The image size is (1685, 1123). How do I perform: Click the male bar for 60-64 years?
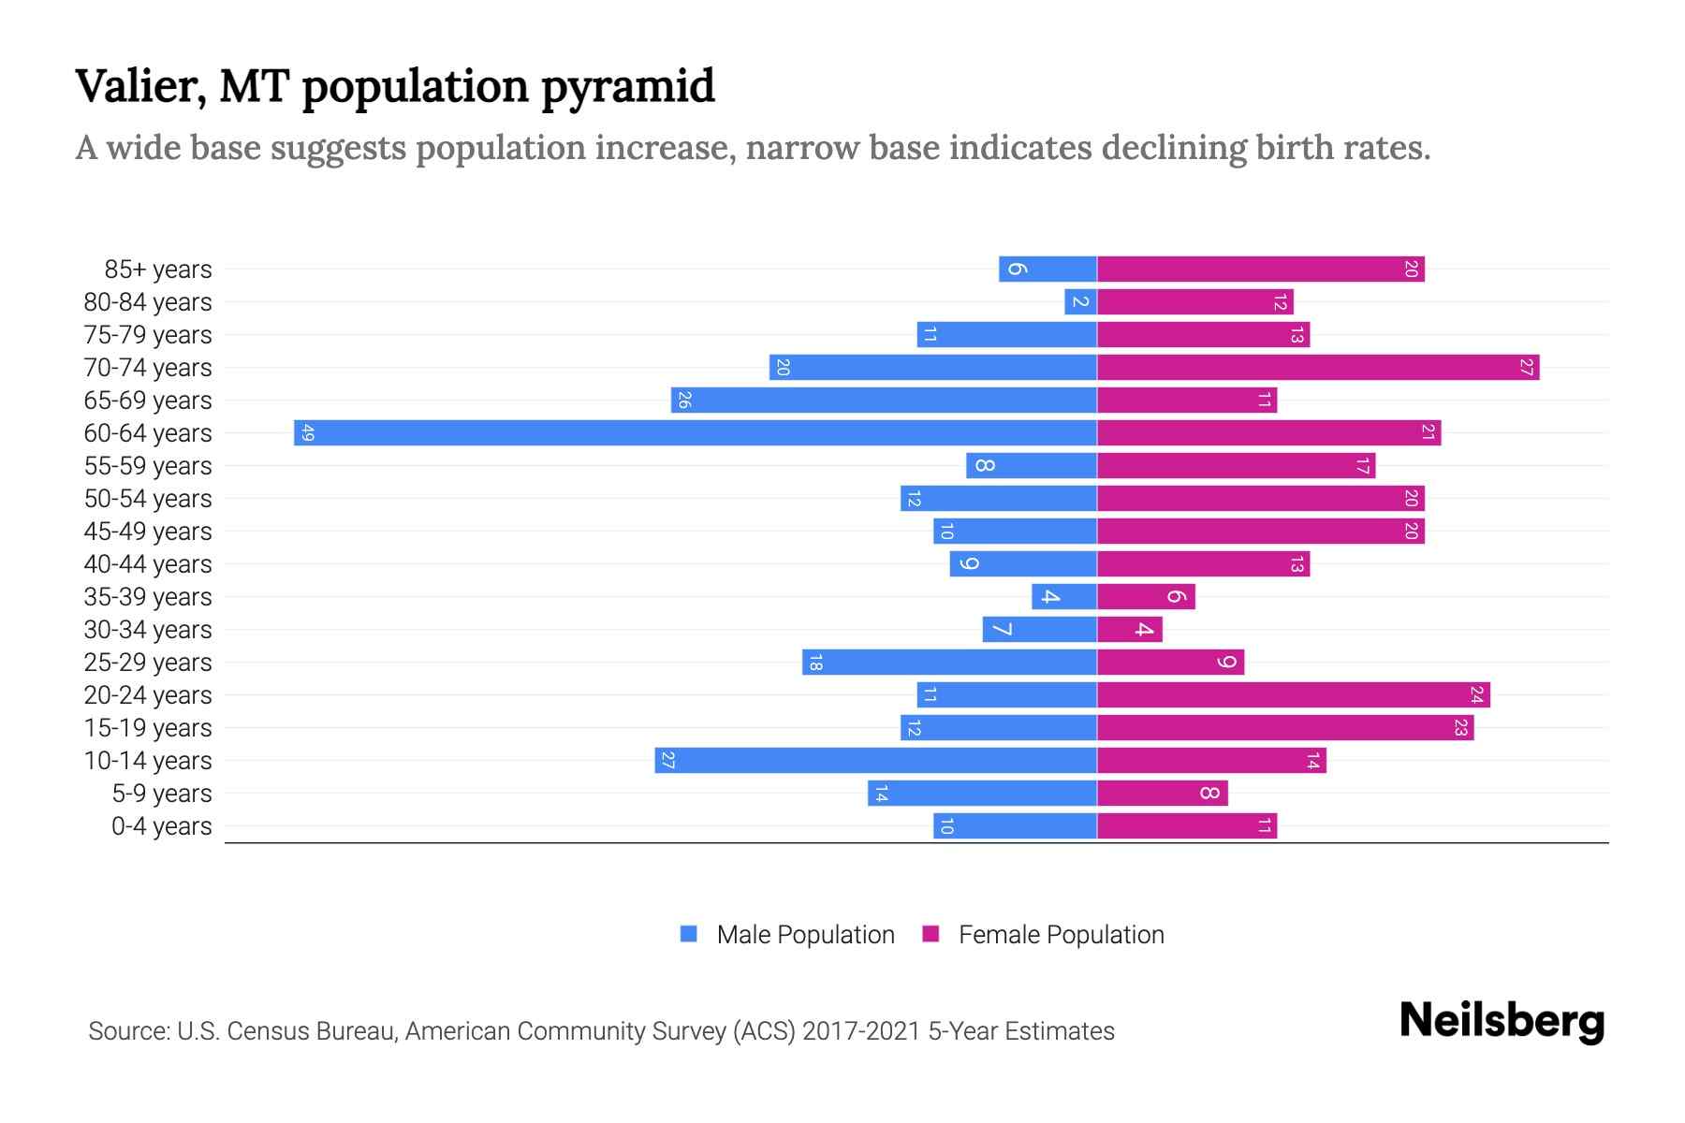[x=695, y=432]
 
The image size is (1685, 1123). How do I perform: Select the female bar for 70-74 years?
[x=1318, y=367]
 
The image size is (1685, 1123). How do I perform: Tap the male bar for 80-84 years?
[x=1080, y=301]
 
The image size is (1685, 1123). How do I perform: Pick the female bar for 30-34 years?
[x=1129, y=629]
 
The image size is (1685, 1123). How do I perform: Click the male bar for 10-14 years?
[x=875, y=760]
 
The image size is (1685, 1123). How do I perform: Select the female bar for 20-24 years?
[x=1293, y=694]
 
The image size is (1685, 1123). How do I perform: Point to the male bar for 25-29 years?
[x=949, y=662]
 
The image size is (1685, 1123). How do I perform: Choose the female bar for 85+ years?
[x=1260, y=269]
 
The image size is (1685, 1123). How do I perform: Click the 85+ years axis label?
[x=157, y=269]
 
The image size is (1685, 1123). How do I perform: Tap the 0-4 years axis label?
[x=161, y=825]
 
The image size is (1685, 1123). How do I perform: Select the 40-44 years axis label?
[x=148, y=563]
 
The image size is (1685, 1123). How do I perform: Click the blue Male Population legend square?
[x=689, y=934]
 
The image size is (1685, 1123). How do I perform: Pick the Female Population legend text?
[x=1061, y=934]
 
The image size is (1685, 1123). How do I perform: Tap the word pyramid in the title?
[x=627, y=87]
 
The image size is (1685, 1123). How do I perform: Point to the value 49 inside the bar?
[x=307, y=432]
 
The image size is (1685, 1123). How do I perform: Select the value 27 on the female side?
[x=1526, y=367]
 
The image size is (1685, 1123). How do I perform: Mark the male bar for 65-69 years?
[x=884, y=400]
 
